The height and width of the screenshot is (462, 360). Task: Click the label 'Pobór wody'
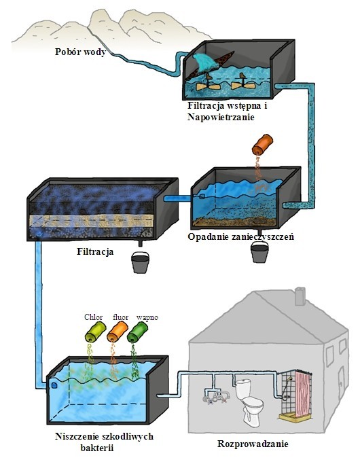click(x=80, y=52)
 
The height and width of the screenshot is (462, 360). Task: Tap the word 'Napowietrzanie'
click(x=221, y=118)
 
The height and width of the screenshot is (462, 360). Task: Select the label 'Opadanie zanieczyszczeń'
click(x=241, y=237)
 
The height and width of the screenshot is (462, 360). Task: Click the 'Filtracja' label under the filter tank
click(x=95, y=251)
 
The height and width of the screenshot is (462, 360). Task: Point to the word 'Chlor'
click(x=93, y=317)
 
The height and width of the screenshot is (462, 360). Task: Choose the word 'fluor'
click(x=120, y=317)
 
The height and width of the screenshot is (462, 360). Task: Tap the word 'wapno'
click(x=147, y=318)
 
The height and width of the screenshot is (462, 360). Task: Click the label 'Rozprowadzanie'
click(x=253, y=444)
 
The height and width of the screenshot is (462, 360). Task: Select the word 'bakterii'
click(x=97, y=448)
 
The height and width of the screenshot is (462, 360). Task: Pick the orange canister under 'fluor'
click(x=117, y=332)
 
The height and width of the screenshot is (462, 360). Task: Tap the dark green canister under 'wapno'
click(x=137, y=332)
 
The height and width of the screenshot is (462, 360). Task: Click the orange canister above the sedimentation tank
click(x=262, y=144)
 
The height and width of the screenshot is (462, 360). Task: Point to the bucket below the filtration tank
click(x=140, y=262)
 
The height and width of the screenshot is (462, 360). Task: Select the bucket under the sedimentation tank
click(x=259, y=251)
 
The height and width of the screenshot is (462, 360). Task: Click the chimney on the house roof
click(x=300, y=296)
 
